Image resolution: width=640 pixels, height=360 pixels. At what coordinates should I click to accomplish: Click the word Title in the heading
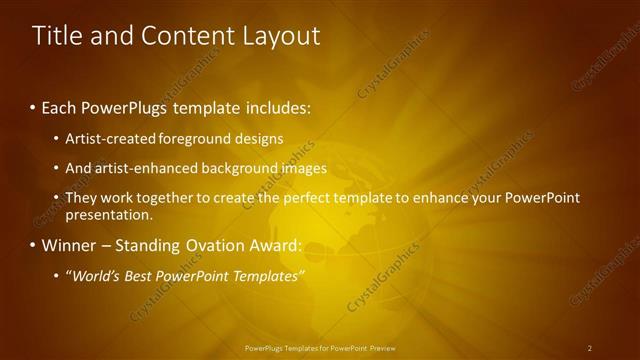pos(56,36)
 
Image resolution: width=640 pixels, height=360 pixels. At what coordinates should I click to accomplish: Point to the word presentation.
pos(108,214)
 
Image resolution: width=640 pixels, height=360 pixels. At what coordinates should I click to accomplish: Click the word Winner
pos(71,246)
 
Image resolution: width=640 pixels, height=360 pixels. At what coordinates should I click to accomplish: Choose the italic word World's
pos(95,276)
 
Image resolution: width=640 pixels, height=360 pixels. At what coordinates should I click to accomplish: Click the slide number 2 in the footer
pos(590,348)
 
